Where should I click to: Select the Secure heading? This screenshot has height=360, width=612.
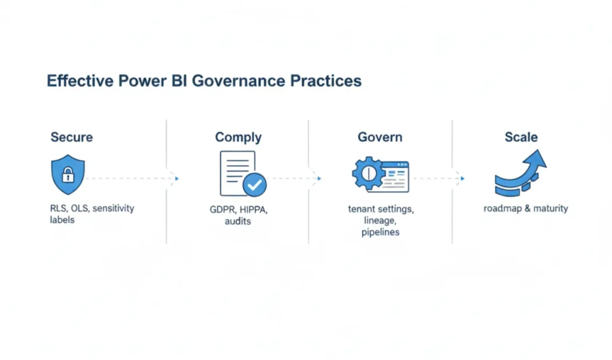point(72,137)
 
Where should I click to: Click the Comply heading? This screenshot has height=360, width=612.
point(238,137)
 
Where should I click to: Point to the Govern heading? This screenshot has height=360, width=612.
point(380,137)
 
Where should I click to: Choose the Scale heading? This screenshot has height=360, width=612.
point(521,137)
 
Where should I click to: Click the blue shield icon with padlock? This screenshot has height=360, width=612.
point(68,174)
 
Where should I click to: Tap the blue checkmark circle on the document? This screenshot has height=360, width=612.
point(255,185)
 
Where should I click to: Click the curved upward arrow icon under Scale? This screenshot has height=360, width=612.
point(520,173)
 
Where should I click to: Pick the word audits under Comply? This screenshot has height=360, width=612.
point(238,221)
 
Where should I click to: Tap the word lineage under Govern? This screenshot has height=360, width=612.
point(380,221)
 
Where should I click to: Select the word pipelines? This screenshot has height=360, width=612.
point(380,232)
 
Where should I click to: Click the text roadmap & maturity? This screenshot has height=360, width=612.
point(526,209)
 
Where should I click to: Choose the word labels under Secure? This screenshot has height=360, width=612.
point(63,220)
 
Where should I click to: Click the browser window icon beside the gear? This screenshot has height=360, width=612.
point(394,176)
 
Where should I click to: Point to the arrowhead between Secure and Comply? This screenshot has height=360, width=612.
point(176,178)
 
